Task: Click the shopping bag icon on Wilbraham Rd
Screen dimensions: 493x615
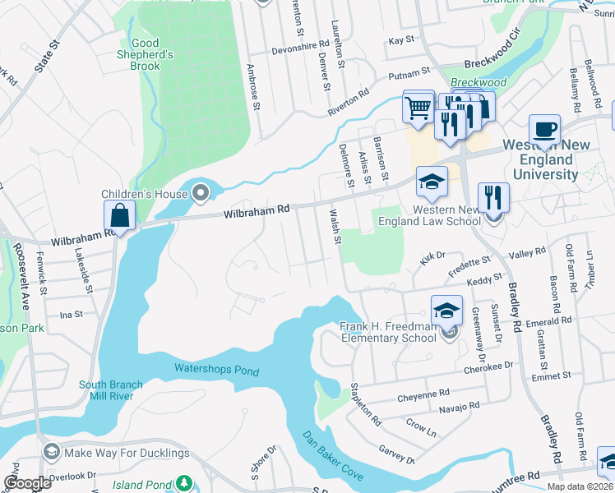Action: [x=120, y=217]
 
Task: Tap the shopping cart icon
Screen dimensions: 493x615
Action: [x=418, y=108]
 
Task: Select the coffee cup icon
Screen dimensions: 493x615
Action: [x=544, y=130]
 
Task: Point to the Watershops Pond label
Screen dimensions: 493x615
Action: [x=217, y=370]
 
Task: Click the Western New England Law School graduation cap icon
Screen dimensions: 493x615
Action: [x=432, y=182]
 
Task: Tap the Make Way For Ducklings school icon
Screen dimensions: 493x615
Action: [x=51, y=452]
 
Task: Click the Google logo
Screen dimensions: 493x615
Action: [x=27, y=483]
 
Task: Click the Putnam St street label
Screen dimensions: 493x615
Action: [x=409, y=72]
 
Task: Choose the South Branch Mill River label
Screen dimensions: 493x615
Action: [x=111, y=389]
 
